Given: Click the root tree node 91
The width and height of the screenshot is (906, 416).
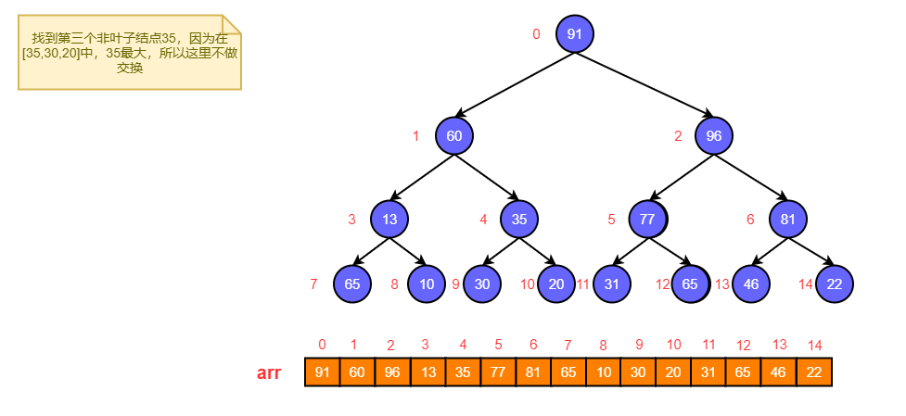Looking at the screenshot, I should point(575,34).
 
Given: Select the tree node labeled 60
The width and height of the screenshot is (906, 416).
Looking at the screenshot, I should point(454,135).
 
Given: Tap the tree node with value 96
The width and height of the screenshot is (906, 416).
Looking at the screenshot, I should point(714,135).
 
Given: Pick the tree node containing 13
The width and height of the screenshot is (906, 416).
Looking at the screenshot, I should point(389,220).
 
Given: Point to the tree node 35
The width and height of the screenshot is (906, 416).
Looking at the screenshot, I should point(519,220).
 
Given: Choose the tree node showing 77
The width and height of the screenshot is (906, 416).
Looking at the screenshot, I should point(648,220).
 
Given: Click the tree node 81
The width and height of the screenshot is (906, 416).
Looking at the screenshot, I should point(788,220).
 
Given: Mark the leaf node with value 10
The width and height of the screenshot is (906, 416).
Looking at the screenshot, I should point(427,284).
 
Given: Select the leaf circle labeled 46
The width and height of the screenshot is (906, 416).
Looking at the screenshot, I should point(751,284).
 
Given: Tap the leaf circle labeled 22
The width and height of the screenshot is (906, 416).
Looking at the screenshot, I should point(835,284).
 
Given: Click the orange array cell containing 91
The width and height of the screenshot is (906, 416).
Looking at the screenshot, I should point(323,372).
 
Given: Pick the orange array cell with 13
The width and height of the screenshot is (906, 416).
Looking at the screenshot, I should point(427,372).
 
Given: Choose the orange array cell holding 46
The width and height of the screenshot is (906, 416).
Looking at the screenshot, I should point(779,372).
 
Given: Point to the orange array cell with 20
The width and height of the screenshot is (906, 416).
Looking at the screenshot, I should point(673,372).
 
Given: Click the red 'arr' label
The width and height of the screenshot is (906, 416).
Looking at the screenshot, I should point(269,373).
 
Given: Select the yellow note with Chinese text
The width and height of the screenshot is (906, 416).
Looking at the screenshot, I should point(130,53).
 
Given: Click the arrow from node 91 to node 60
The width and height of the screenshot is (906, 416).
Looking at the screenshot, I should point(515,84).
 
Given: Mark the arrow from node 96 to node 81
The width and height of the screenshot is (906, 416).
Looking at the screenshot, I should point(751,177).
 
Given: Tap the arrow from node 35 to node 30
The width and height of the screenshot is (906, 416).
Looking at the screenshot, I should point(501,251).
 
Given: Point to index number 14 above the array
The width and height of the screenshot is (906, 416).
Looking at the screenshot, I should point(815,345).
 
